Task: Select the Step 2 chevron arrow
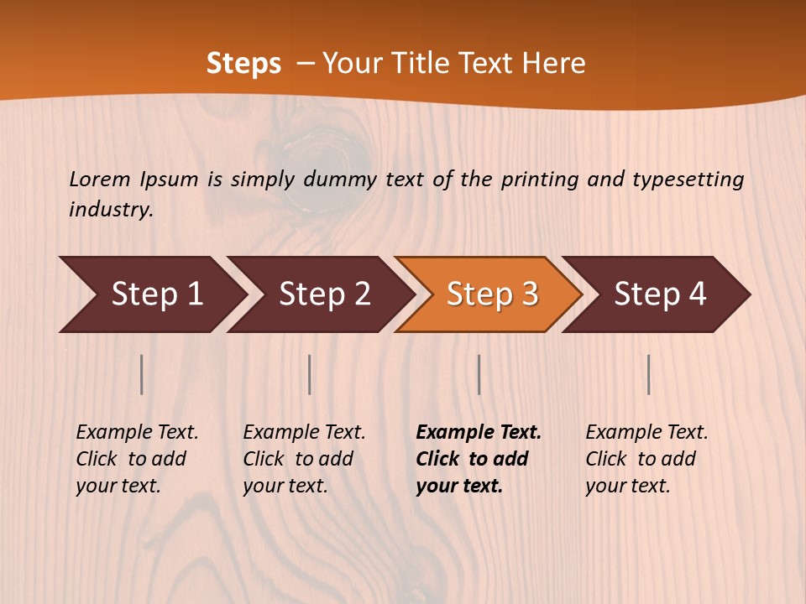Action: click(x=324, y=294)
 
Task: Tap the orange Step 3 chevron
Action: click(x=492, y=294)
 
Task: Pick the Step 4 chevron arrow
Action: click(x=660, y=294)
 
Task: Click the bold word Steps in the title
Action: click(x=243, y=63)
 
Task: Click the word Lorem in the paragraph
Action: click(x=99, y=179)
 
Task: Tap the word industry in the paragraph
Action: click(x=110, y=209)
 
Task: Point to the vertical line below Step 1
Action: click(x=142, y=374)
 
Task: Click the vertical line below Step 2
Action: click(x=310, y=374)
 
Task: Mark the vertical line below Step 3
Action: click(x=479, y=374)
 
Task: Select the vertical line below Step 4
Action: click(x=648, y=374)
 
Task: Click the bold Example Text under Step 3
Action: click(x=479, y=432)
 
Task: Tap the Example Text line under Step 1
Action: click(x=137, y=432)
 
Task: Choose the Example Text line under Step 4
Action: click(x=646, y=432)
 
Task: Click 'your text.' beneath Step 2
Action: click(x=285, y=486)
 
